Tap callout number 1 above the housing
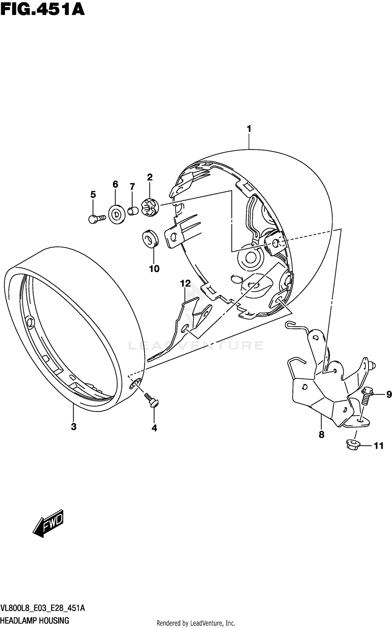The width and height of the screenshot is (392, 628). [249, 129]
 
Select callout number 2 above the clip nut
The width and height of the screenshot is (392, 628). [149, 177]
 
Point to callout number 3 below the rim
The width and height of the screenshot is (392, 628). [74, 427]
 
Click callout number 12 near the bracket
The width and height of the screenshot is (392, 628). [185, 283]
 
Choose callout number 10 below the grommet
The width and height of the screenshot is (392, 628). [154, 269]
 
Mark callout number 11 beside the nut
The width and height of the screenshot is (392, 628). [379, 446]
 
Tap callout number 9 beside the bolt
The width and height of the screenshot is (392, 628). [389, 394]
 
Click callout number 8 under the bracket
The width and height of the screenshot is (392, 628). [321, 435]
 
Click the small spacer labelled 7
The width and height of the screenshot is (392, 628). [133, 211]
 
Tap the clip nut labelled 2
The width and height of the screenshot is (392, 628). [150, 208]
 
